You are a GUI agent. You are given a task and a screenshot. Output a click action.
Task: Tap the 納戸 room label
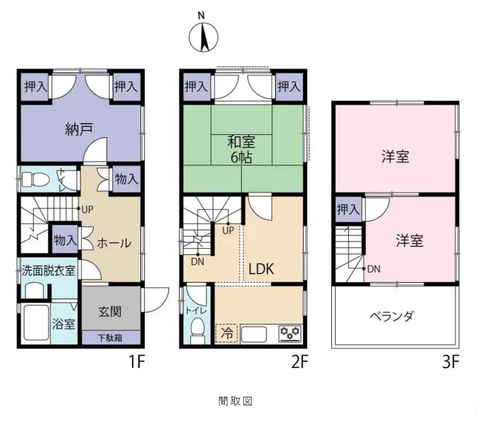79,129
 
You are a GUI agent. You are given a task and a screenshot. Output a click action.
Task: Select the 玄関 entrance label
110,312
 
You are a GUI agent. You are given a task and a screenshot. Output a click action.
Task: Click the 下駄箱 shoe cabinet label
110,338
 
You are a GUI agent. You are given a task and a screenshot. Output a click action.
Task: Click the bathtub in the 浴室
36,323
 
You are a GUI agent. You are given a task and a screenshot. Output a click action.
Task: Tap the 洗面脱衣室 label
48,270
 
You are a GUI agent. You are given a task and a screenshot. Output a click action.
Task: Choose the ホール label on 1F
114,243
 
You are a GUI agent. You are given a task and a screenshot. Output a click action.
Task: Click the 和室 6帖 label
242,149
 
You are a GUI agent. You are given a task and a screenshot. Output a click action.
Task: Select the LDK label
261,268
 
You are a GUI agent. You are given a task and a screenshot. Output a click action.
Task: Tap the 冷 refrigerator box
226,333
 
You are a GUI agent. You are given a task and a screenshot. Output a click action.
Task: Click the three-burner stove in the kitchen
290,333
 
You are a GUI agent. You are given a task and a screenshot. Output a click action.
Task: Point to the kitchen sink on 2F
254,334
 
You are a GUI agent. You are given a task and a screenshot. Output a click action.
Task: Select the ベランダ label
392,316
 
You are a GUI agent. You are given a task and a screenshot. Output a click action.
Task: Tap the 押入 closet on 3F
349,209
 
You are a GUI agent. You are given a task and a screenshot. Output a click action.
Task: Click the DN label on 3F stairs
374,269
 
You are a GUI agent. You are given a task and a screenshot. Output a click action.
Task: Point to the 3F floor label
450,362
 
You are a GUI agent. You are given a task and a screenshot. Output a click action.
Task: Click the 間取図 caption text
235,401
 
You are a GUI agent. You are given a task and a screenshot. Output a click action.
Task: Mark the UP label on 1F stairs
87,210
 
